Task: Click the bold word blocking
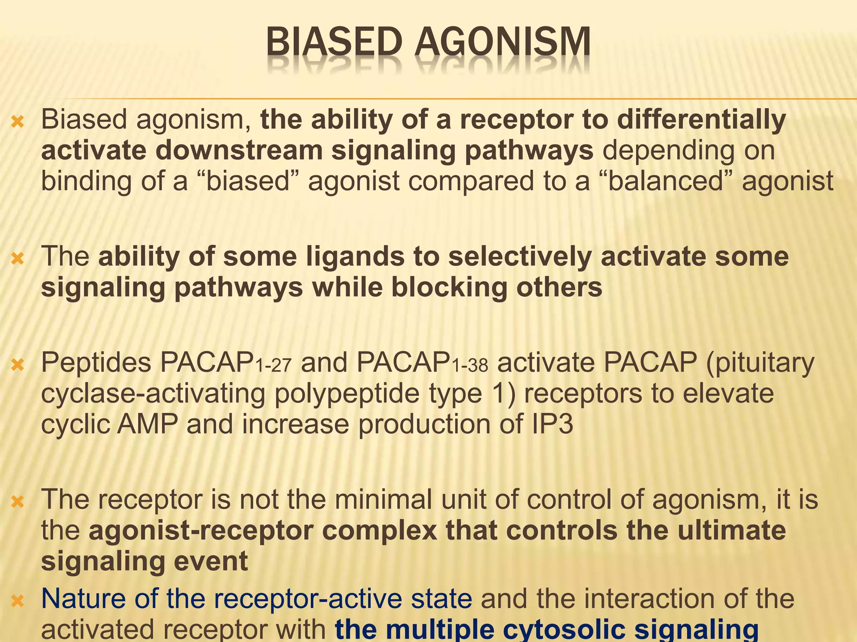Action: tap(449, 288)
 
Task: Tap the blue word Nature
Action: tap(82, 599)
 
